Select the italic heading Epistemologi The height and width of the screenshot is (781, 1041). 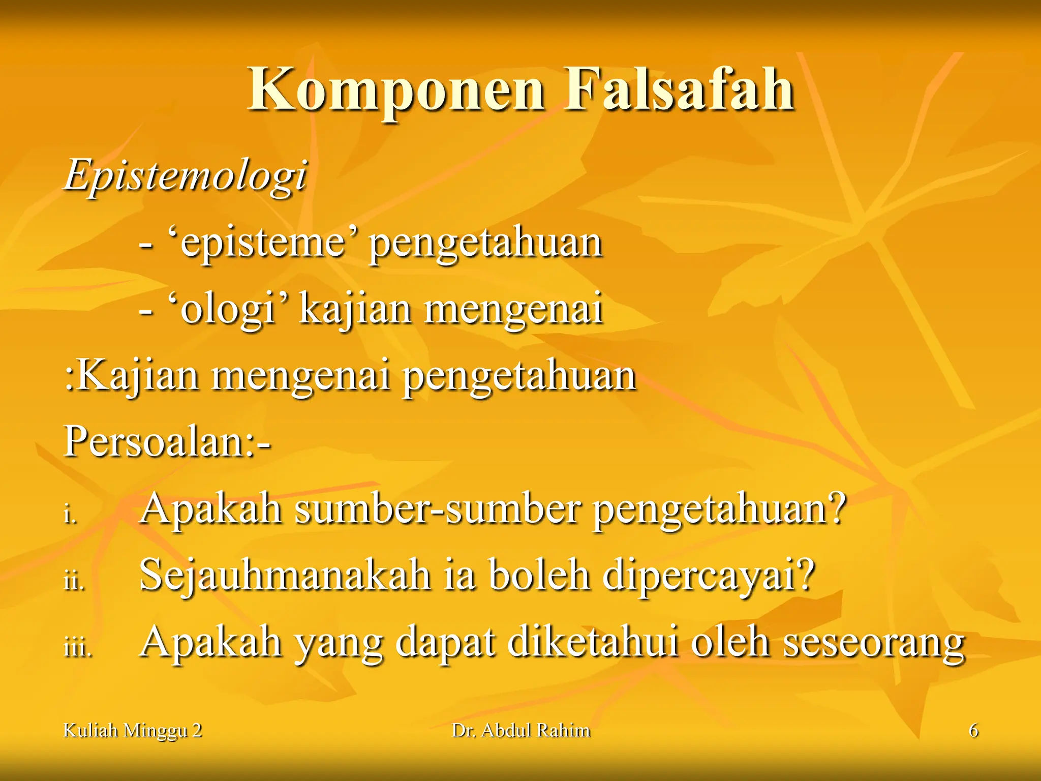[186, 175]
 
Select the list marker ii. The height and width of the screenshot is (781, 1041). [74, 581]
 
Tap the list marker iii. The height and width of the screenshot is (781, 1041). [77, 648]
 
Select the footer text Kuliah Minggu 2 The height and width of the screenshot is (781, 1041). [132, 731]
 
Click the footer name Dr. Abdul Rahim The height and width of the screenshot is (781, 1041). [521, 731]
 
